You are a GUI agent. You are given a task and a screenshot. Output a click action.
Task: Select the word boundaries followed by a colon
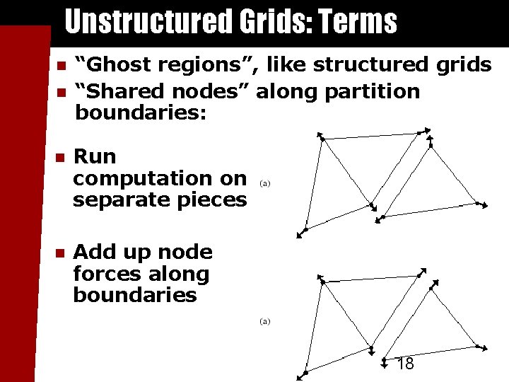pyautogui.click(x=141, y=112)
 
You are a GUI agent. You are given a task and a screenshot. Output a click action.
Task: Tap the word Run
pyautogui.click(x=95, y=156)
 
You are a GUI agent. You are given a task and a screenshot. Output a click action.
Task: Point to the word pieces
pyautogui.click(x=210, y=200)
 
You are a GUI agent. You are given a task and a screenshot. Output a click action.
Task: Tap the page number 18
pyautogui.click(x=405, y=364)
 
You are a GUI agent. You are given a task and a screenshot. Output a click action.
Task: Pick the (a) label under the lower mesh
pyautogui.click(x=264, y=321)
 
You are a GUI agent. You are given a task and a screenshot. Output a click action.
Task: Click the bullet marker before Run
pyautogui.click(x=62, y=157)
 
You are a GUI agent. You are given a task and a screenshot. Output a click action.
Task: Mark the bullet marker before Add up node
pyautogui.click(x=62, y=253)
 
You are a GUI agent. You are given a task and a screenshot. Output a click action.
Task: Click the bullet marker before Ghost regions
pyautogui.click(x=62, y=66)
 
